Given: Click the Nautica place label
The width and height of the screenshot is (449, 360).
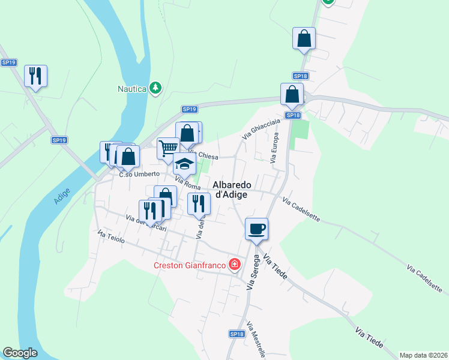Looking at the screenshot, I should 131,89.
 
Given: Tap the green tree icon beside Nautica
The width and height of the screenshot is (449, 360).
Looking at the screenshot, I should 155,88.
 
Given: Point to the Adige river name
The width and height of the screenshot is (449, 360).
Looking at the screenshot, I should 62,196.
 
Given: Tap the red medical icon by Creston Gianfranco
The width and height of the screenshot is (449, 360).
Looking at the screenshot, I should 234,265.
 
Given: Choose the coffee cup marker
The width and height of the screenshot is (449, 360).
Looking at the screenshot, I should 257,229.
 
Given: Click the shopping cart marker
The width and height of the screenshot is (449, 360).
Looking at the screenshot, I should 169,148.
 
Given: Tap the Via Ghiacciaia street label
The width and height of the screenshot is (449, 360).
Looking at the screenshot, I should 261,128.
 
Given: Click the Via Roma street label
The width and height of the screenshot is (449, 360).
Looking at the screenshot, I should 187,182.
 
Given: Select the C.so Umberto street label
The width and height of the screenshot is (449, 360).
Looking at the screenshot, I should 139,174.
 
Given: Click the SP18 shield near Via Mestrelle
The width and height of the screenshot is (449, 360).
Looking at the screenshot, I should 237,334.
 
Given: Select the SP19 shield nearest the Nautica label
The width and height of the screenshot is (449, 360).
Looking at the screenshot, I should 190,109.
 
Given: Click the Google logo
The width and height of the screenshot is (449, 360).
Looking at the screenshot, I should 20,353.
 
